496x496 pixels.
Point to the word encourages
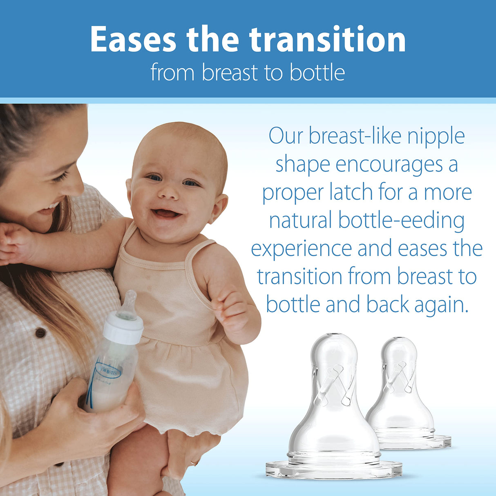[x=389, y=165]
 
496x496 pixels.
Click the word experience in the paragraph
[x=301, y=249]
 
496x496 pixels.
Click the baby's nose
[x=168, y=192]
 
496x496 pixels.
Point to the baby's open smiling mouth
[x=165, y=213]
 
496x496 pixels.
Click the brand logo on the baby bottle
[x=108, y=371]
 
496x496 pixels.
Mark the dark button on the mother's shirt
[x=40, y=333]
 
